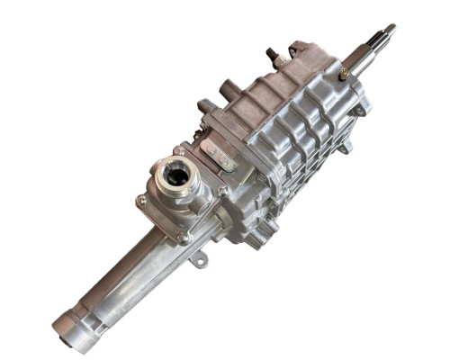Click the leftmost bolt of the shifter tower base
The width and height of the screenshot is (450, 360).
coord(141,200)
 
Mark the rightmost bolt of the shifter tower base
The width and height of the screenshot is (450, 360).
coord(222,190)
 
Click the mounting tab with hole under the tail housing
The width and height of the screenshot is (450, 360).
coord(195,263)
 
